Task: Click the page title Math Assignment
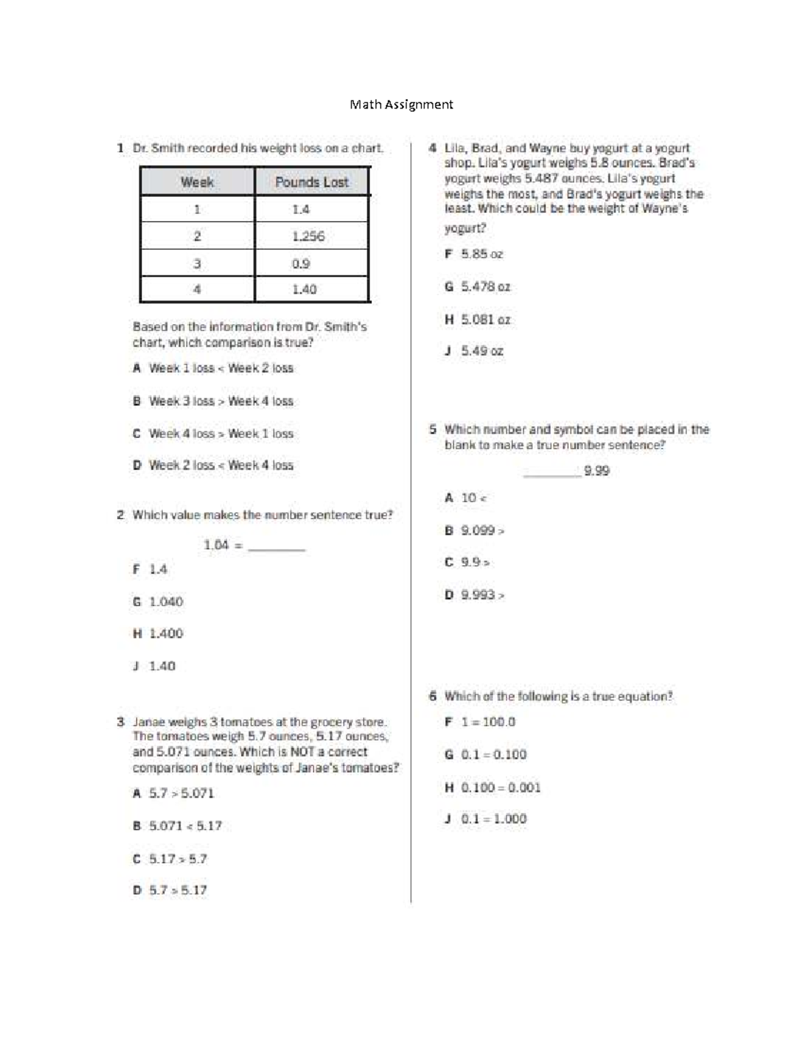(x=401, y=104)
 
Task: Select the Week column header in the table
(x=197, y=182)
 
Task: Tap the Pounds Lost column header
(x=312, y=182)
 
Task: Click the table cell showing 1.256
(x=308, y=236)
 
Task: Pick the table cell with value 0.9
(x=301, y=263)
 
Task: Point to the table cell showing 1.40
(x=304, y=289)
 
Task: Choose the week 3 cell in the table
(x=197, y=263)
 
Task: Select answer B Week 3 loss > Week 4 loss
(x=213, y=401)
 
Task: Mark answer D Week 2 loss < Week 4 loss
(x=213, y=465)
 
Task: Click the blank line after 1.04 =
(x=277, y=546)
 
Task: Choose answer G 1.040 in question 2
(x=158, y=601)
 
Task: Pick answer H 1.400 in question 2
(x=158, y=634)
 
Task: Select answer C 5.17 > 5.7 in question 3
(x=170, y=859)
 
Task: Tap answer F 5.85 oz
(x=474, y=254)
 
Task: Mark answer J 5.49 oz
(x=474, y=351)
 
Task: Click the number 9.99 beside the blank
(x=596, y=471)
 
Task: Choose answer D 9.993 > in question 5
(x=475, y=595)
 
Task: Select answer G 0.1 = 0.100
(x=486, y=755)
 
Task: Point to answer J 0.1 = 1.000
(x=486, y=819)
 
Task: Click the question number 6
(x=433, y=696)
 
